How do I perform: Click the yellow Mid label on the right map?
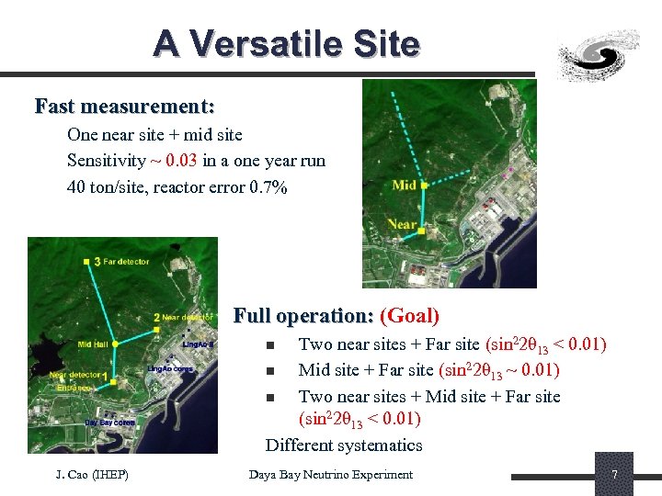pyautogui.click(x=405, y=186)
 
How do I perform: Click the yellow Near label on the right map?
pyautogui.click(x=402, y=224)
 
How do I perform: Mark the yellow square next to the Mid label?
pyautogui.click(x=424, y=185)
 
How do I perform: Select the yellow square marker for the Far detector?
pyautogui.click(x=97, y=262)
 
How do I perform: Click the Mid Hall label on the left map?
pyautogui.click(x=93, y=344)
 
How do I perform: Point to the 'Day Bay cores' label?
pyautogui.click(x=110, y=423)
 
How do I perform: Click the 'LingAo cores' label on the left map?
pyautogui.click(x=169, y=369)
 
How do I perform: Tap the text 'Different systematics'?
pyautogui.click(x=344, y=445)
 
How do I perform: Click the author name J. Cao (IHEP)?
pyautogui.click(x=93, y=475)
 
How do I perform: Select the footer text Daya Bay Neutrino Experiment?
pyautogui.click(x=331, y=475)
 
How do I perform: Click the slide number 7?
pyautogui.click(x=614, y=475)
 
